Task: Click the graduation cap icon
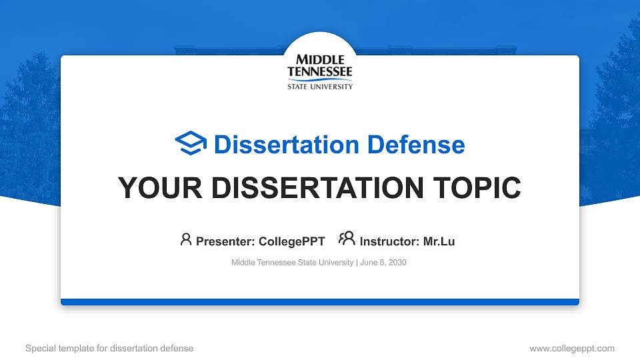click(x=191, y=143)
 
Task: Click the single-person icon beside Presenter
click(x=186, y=239)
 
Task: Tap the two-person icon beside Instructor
click(x=347, y=239)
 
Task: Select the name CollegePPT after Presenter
click(x=291, y=241)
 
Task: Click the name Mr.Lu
click(x=439, y=241)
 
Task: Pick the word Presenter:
click(x=223, y=241)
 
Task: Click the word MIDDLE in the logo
click(x=320, y=60)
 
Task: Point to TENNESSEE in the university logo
click(x=320, y=71)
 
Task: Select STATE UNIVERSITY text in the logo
click(x=320, y=86)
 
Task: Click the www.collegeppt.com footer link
click(x=572, y=348)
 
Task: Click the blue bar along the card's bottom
click(x=320, y=302)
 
